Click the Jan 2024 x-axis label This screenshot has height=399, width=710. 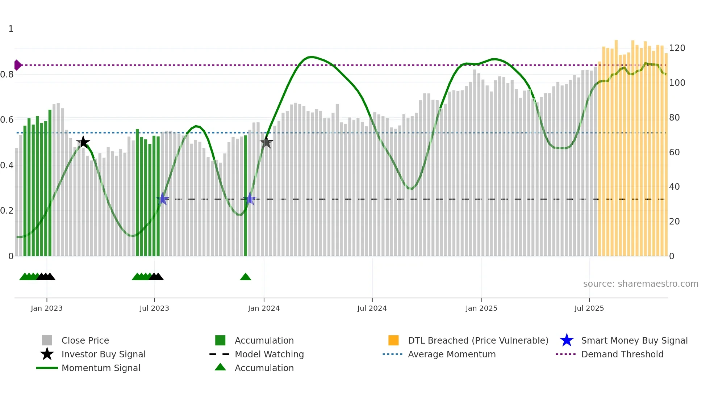point(264,308)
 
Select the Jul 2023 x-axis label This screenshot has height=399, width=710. point(154,308)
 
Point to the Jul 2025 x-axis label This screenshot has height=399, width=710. point(589,308)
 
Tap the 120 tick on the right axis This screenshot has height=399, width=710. point(677,48)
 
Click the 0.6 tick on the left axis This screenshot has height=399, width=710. point(7,120)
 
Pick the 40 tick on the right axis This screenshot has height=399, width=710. point(674,187)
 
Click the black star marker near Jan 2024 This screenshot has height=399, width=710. point(266,143)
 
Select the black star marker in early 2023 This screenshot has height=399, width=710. point(83,142)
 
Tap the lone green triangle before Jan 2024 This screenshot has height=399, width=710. point(246,277)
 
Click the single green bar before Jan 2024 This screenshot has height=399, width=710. point(246,196)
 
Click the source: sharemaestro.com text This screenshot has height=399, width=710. point(640,284)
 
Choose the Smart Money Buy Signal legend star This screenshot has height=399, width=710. point(567,340)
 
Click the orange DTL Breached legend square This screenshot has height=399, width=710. point(393,340)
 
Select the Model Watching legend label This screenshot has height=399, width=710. point(269,354)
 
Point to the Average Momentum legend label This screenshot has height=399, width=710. point(452,354)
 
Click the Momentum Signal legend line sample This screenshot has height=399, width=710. point(47,368)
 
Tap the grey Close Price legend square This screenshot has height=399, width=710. point(47,340)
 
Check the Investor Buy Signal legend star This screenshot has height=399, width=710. point(47,354)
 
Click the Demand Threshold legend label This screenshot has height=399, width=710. point(622,354)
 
